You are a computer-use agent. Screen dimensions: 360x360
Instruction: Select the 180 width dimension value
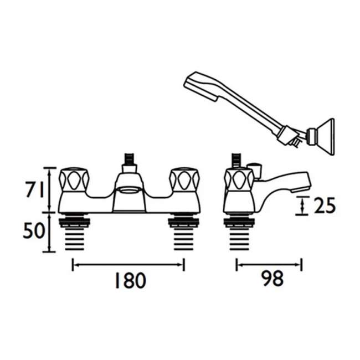click(x=130, y=280)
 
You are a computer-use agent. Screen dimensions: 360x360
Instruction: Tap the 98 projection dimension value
click(x=273, y=278)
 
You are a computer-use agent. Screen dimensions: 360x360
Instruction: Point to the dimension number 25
click(x=324, y=205)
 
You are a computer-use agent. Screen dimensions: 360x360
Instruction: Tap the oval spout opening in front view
click(x=126, y=189)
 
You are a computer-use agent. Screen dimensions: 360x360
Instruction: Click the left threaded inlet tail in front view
click(x=73, y=234)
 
